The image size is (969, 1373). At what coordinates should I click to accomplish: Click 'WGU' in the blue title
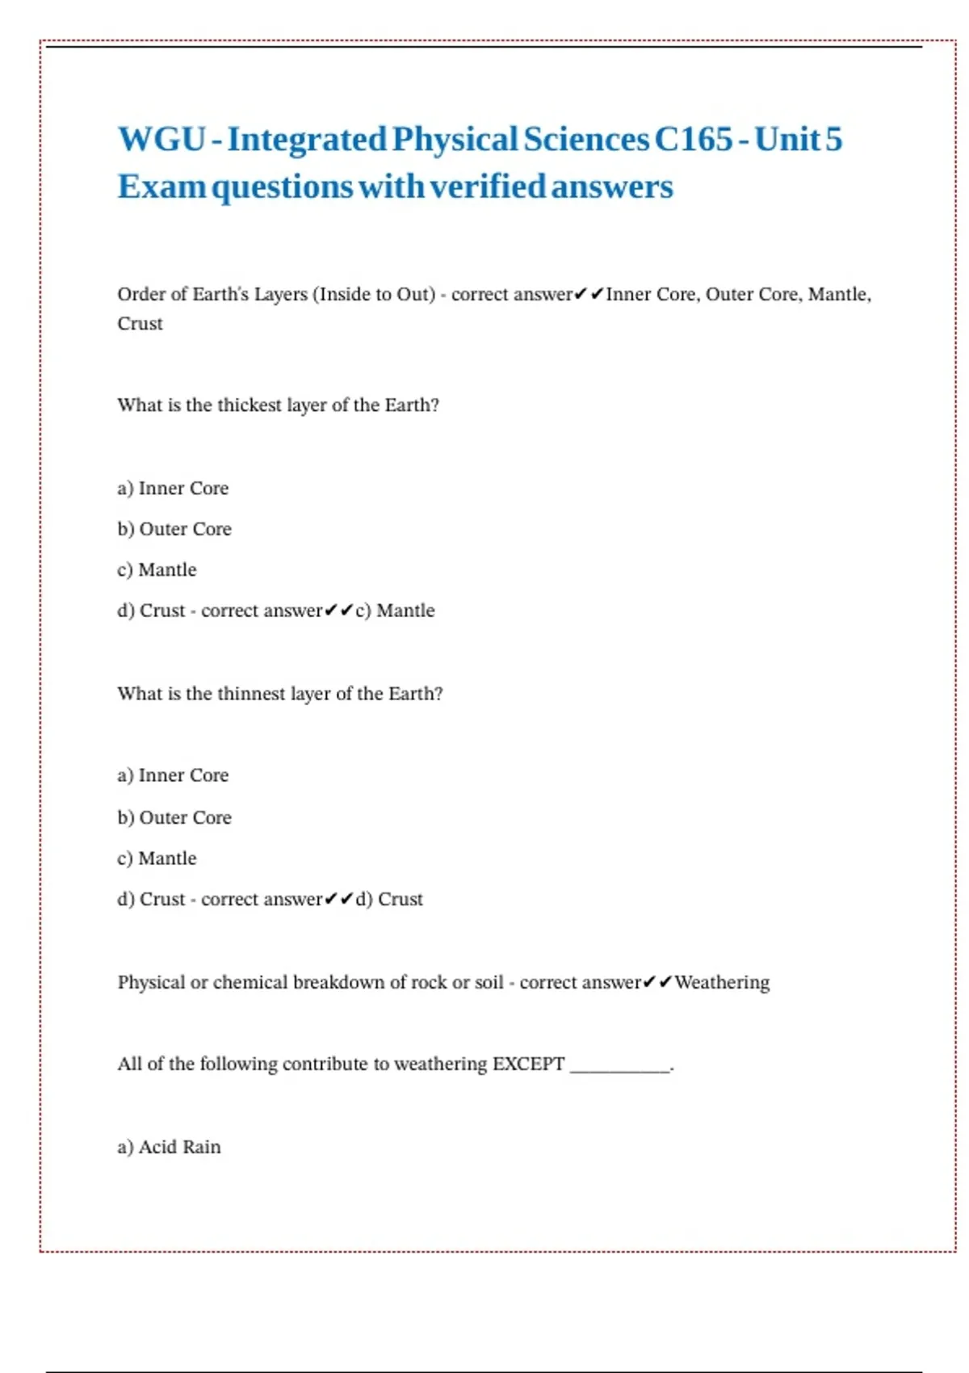tap(161, 139)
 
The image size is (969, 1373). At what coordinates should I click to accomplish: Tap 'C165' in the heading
tap(693, 139)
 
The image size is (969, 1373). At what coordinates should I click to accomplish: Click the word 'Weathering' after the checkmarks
tap(722, 982)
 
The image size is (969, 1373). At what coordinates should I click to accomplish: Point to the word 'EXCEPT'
tap(528, 1064)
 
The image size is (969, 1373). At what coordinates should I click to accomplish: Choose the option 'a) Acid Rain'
tap(169, 1147)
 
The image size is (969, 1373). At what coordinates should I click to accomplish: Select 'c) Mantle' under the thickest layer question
tap(157, 570)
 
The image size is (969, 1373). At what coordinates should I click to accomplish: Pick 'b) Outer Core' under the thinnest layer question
tap(174, 817)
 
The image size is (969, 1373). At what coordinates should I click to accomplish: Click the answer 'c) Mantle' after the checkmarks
tap(395, 611)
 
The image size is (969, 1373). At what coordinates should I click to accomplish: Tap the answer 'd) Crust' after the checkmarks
tap(389, 899)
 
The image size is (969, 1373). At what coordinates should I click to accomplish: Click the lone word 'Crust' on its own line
tap(140, 324)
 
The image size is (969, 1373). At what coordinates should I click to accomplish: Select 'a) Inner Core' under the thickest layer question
tap(173, 489)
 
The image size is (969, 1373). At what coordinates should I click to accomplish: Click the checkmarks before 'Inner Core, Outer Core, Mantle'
tap(589, 294)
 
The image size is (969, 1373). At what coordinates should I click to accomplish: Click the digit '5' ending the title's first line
tap(833, 139)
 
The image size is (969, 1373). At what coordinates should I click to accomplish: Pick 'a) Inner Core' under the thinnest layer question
tap(173, 775)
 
